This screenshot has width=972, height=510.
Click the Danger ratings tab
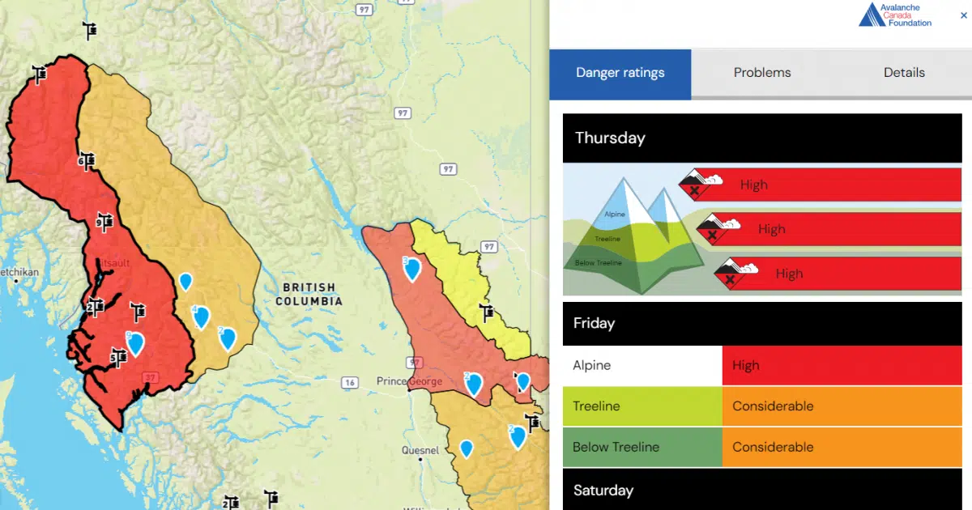pyautogui.click(x=620, y=73)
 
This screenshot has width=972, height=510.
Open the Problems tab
pyautogui.click(x=761, y=73)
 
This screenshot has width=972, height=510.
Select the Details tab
pyautogui.click(x=904, y=73)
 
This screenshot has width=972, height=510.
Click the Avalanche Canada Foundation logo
pyautogui.click(x=895, y=15)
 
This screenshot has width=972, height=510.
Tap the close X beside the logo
pyautogui.click(x=953, y=15)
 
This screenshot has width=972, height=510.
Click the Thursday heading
pyautogui.click(x=609, y=138)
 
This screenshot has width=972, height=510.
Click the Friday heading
pyautogui.click(x=594, y=323)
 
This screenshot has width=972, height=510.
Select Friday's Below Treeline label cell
pyautogui.click(x=642, y=447)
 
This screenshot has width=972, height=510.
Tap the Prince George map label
pyautogui.click(x=409, y=381)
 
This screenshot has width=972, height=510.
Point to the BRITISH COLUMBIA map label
pyautogui.click(x=309, y=294)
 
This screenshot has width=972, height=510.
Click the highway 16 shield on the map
pyautogui.click(x=350, y=382)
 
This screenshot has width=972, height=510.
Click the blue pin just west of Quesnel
pyautogui.click(x=466, y=448)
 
